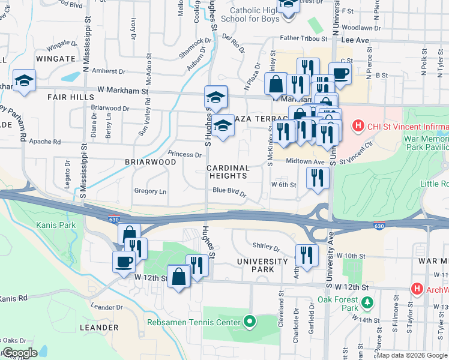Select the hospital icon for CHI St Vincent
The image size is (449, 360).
point(358,125)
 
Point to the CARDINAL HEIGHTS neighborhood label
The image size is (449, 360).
point(228,172)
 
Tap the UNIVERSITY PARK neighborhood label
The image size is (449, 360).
point(262,265)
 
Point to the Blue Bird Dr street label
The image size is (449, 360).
point(229,191)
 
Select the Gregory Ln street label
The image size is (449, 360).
point(150,191)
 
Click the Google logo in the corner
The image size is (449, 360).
point(20,353)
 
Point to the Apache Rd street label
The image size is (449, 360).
point(48,142)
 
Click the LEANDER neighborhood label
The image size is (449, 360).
point(98,328)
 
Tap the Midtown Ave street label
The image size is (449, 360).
point(305,161)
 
